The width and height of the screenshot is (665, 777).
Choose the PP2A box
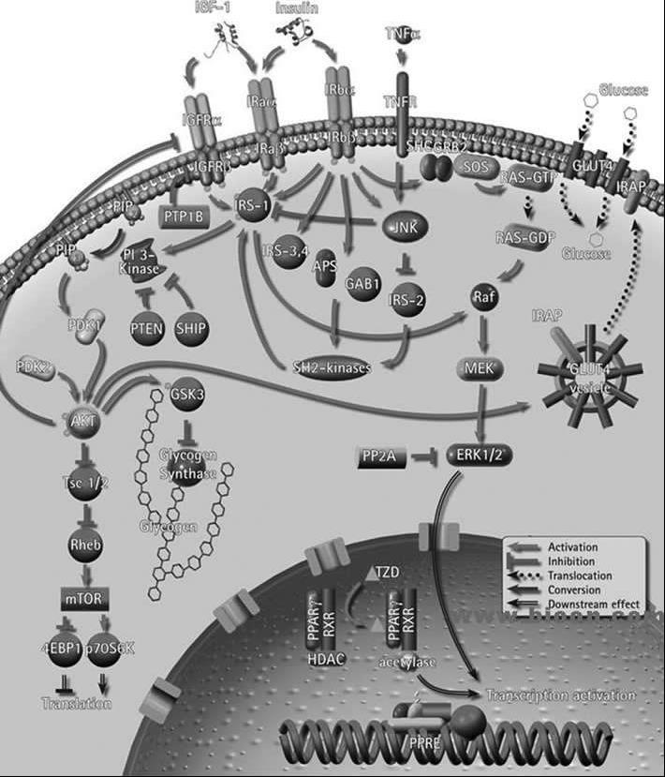[382, 457]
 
